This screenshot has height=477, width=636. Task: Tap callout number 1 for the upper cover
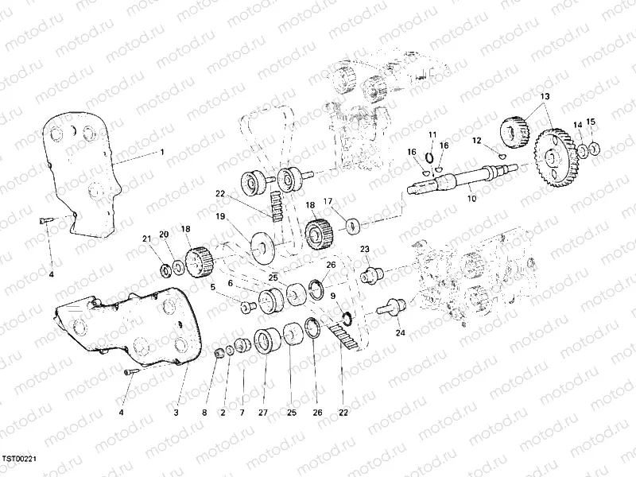(x=161, y=151)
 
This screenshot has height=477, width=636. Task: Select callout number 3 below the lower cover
(x=176, y=413)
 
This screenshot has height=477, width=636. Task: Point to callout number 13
(x=545, y=96)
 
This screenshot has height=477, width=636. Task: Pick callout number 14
(x=578, y=124)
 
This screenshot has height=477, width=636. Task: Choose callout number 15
(x=590, y=122)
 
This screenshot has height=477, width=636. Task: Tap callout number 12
(x=477, y=141)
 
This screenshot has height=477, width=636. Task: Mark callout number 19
(x=221, y=216)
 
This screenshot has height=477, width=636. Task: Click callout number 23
(x=365, y=250)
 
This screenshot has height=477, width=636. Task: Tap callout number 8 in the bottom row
(x=204, y=413)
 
